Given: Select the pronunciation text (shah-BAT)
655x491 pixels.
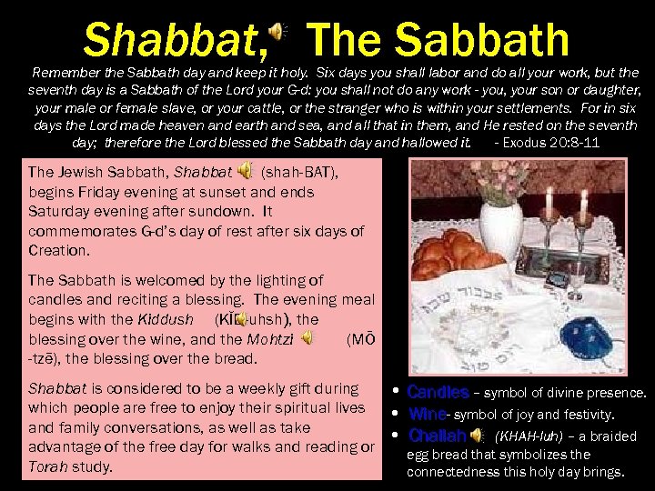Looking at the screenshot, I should (x=299, y=172).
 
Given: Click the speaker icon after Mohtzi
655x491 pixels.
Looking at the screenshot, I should (x=307, y=338).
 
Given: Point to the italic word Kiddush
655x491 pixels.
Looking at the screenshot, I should (x=165, y=320).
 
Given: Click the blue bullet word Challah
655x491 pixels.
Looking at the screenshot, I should (x=438, y=435).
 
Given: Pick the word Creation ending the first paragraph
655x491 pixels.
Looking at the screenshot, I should (x=59, y=250).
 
